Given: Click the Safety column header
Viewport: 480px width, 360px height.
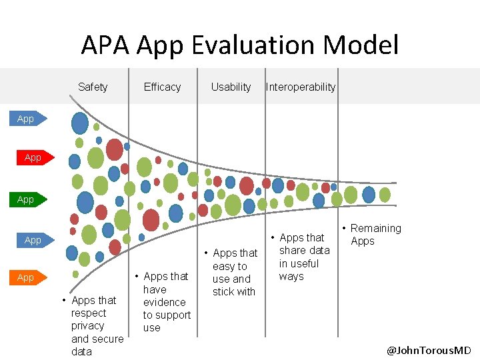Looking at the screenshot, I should point(93,87).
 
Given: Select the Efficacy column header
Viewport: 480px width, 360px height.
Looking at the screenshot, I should point(162,87).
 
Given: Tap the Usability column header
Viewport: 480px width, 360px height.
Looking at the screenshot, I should point(231,87).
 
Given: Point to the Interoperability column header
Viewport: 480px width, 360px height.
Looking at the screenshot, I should point(301,87).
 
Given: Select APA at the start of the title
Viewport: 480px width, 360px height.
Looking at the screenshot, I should point(105,45).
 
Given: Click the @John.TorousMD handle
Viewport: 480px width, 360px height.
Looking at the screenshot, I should point(429,351).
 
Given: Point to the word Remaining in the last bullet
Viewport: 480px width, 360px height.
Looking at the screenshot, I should point(376,228).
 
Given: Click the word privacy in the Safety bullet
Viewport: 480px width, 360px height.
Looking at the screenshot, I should point(88,326).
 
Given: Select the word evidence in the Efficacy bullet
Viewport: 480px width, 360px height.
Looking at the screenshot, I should point(164,302).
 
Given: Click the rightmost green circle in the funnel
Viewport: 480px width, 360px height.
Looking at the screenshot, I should point(385,195).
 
